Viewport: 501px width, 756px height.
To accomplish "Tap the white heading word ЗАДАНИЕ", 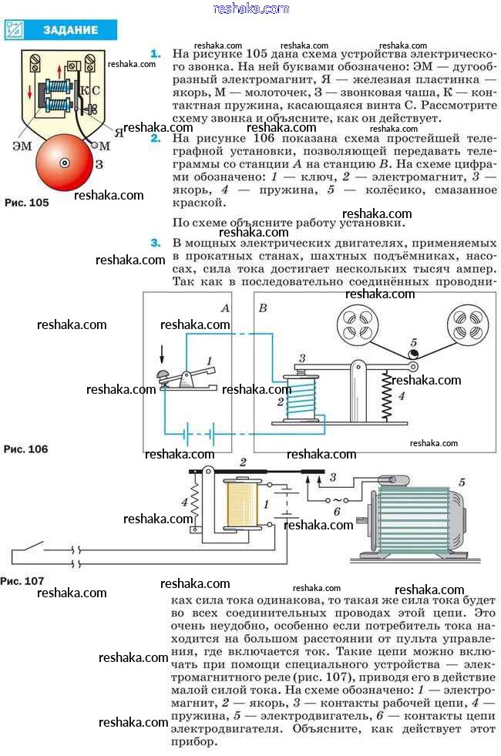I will [70, 30].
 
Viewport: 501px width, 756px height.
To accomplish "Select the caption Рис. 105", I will [27, 203].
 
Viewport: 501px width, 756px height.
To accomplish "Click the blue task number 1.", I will [156, 54].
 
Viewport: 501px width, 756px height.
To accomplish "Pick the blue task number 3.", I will [156, 244].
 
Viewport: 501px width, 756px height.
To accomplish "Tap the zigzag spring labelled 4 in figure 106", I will [384, 395].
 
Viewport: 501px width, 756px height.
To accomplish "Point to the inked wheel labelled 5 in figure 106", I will [414, 353].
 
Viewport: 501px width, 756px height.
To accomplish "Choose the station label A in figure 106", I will [225, 307].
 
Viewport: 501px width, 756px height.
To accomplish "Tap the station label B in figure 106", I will [263, 307].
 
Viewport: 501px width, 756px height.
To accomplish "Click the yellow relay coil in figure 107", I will [241, 505].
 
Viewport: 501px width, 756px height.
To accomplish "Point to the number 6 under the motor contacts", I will [337, 511].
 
